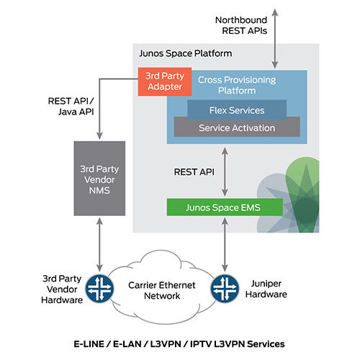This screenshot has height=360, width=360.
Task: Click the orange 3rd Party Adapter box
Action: [162, 81]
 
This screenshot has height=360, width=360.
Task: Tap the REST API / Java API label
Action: [71, 106]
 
